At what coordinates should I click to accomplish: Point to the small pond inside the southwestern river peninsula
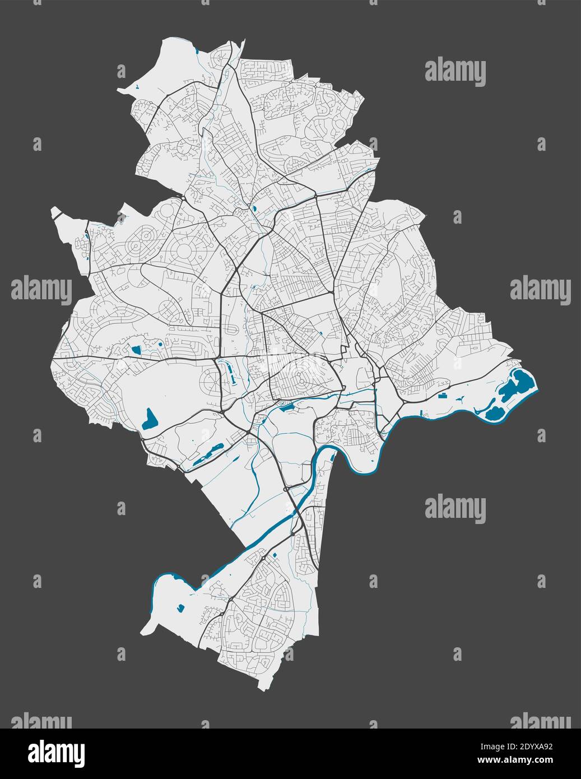click(x=180, y=607)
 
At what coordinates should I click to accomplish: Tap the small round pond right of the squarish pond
click(x=159, y=343)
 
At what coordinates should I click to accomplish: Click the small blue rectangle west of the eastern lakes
click(x=444, y=396)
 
